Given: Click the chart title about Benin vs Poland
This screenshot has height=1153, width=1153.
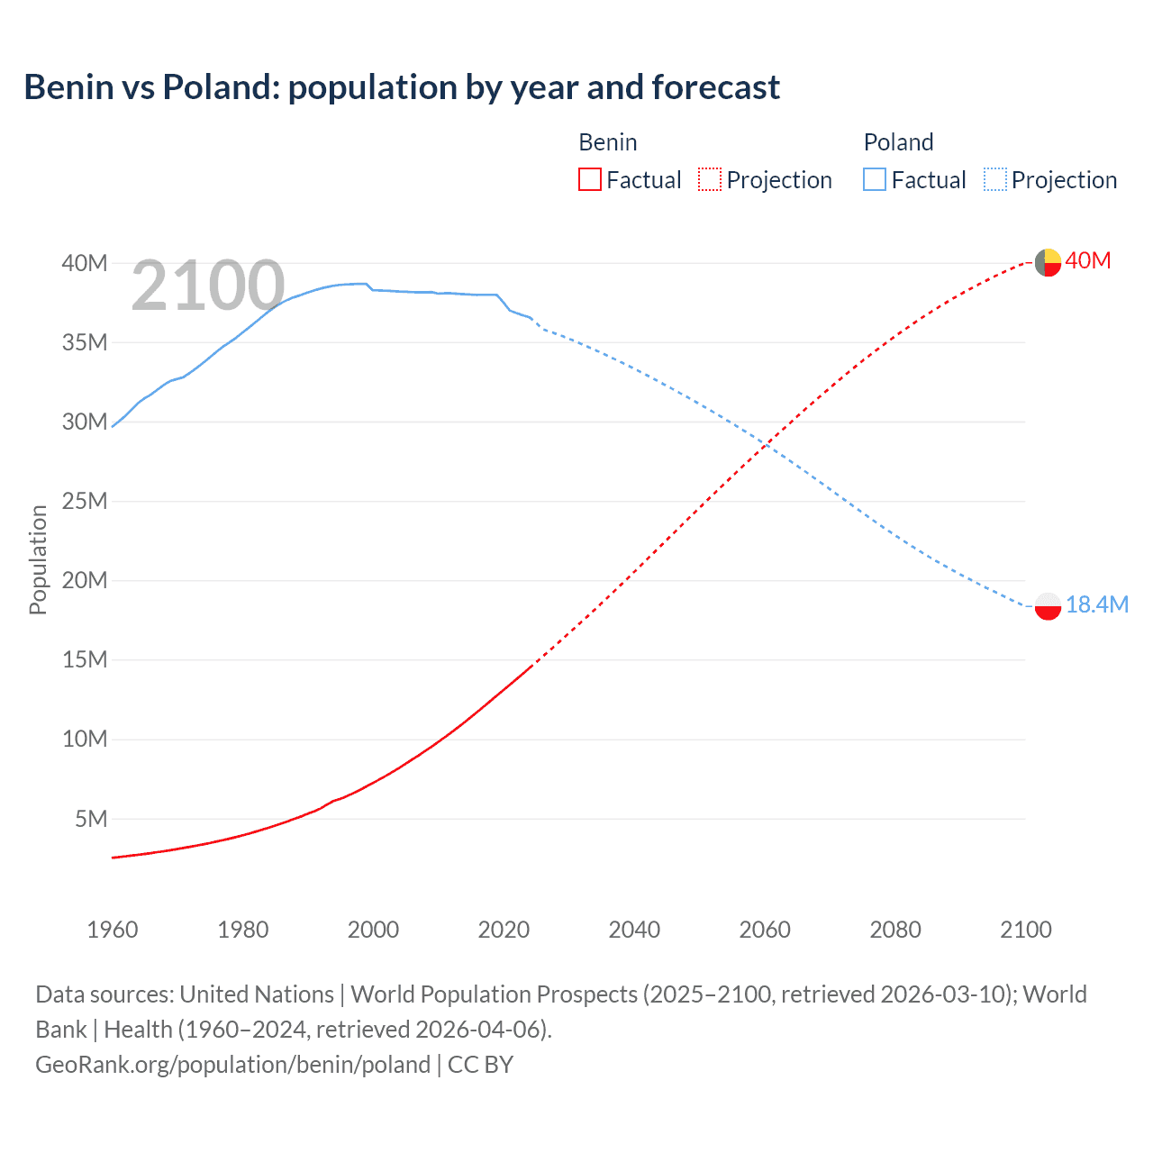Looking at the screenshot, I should coord(402,87).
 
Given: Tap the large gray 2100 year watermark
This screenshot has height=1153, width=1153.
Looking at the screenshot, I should coord(208,286).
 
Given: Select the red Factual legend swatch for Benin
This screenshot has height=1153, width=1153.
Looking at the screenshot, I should coord(589,179).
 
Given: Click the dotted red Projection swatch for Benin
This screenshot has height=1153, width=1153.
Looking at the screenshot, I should coord(710,179).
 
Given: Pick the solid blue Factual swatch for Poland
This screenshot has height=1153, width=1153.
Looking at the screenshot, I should coord(874,179).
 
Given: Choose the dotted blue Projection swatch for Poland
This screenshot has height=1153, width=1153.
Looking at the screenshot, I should coord(994,179).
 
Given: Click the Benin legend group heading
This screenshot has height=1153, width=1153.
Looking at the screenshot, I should coord(607,142).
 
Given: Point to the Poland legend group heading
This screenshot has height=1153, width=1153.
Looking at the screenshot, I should coord(898,142).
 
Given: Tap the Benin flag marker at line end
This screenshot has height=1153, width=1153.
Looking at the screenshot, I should coord(1048,262).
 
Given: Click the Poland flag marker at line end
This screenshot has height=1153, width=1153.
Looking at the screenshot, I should coord(1048,606).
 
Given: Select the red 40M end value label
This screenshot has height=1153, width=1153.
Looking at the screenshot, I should coord(1088,261).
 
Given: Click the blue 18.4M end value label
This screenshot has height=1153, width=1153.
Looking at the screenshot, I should coord(1097,604).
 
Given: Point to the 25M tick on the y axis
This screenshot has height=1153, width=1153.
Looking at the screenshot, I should coord(85,501).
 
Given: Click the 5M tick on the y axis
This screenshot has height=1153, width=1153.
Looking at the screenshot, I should coord(91,819).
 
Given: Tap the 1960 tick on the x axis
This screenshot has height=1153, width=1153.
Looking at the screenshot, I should coord(113,930).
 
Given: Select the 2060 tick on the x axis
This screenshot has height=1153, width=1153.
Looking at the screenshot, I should coord(765,930).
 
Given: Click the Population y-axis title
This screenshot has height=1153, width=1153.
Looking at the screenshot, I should coord(38,559).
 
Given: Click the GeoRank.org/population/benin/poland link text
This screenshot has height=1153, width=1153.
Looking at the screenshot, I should coord(232,1065).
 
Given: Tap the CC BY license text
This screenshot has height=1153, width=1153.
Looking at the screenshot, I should coord(480,1065).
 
